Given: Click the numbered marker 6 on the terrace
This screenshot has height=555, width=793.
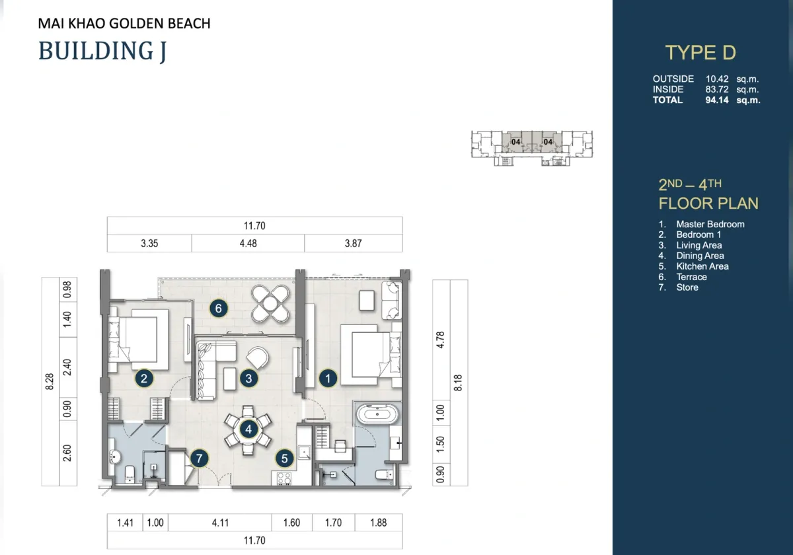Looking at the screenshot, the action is coord(219,309).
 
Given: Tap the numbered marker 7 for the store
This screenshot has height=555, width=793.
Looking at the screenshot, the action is coord(199,459).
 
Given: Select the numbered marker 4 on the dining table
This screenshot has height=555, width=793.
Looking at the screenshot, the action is coord(248,429).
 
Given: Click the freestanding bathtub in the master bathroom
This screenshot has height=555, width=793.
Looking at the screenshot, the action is coord(377,414).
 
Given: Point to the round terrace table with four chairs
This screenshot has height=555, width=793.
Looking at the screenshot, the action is coord(270,304).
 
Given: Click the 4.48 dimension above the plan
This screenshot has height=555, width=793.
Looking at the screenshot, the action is coord(248,244).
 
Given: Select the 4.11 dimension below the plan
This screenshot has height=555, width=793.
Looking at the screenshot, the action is coord(220,523).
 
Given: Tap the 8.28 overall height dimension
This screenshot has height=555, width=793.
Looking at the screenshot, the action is coord(50,382).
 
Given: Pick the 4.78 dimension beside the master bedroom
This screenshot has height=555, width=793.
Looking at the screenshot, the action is coord(440,340).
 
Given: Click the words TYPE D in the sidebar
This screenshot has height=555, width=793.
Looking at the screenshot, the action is coord(700,52).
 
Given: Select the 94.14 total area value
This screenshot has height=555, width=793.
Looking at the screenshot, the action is coord(717,100).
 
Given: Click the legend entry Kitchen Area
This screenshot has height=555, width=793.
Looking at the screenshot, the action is coord(702,266).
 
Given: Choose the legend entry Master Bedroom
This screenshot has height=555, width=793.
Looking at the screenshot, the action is coord(710,224).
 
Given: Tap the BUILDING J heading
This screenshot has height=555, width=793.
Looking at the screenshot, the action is coord(102,51).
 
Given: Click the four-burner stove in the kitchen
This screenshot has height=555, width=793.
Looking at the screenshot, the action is coord(284,478).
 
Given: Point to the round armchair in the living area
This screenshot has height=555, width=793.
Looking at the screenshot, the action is coord(257,357).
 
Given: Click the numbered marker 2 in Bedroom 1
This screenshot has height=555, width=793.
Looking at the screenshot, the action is coord(144,379).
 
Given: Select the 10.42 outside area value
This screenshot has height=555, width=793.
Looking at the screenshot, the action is coord(717,79).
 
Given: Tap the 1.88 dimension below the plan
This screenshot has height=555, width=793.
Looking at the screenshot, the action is coord(379,523).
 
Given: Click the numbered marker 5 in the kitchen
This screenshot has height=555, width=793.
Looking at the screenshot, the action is coord(284,459).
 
